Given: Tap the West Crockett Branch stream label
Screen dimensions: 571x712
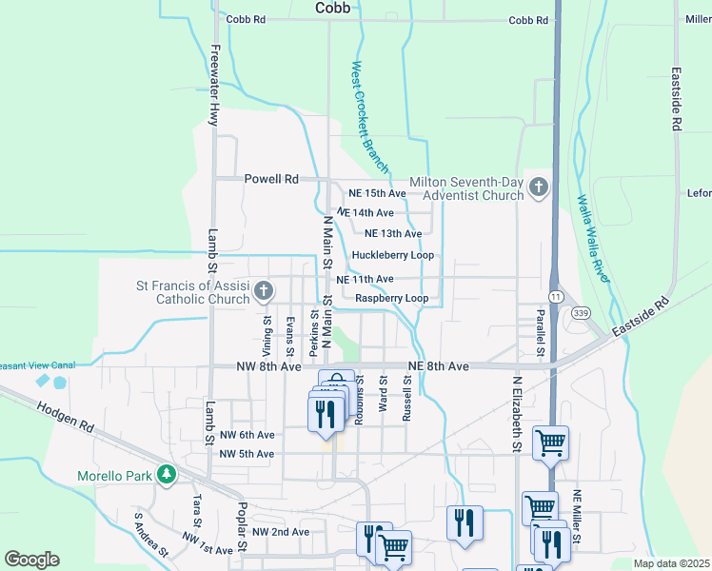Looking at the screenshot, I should tap(369, 118).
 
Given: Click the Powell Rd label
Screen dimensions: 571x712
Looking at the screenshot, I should tap(271, 179).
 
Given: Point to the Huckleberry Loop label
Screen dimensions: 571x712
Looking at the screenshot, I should tap(392, 255).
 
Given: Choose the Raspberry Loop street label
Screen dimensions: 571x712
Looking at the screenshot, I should tap(391, 298).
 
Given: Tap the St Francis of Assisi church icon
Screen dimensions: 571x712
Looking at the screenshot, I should tap(264, 291).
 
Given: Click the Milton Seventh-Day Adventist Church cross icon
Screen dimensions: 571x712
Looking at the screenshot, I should tap(540, 187).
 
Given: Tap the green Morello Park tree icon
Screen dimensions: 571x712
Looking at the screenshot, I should tap(167, 474).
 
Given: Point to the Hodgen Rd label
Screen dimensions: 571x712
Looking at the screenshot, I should tap(67, 418).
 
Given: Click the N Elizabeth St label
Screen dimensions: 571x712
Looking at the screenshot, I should tap(518, 412).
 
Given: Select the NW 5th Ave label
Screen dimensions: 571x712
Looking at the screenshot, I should tap(247, 454).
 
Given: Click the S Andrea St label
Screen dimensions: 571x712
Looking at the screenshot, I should tap(150, 535).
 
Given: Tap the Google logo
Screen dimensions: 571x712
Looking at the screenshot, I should tap(31, 560).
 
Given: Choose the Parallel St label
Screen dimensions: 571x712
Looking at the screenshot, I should tap(540, 333).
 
